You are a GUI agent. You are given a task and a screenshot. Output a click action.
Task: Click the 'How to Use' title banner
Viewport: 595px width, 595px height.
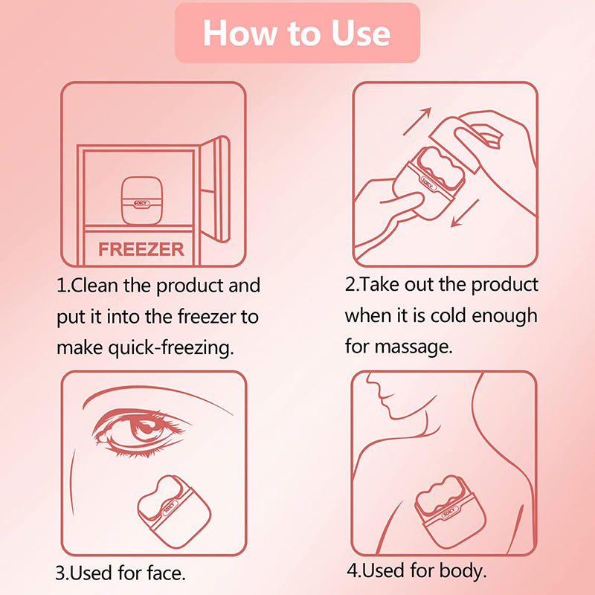click(297, 33)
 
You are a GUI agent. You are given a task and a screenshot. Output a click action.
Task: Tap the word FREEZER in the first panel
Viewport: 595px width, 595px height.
click(141, 248)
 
